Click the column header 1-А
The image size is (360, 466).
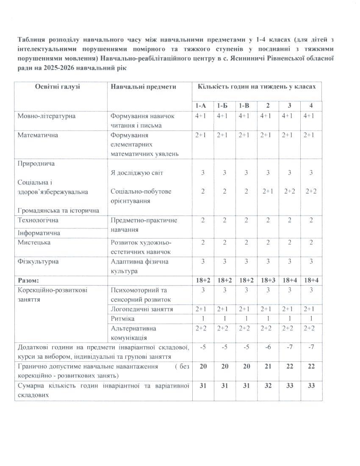point(200,105)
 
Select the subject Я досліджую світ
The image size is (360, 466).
point(136,172)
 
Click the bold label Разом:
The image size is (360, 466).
point(28,280)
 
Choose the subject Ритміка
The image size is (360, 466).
point(122,318)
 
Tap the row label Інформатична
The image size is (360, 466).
point(39,233)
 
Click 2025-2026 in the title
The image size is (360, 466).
point(42,67)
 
